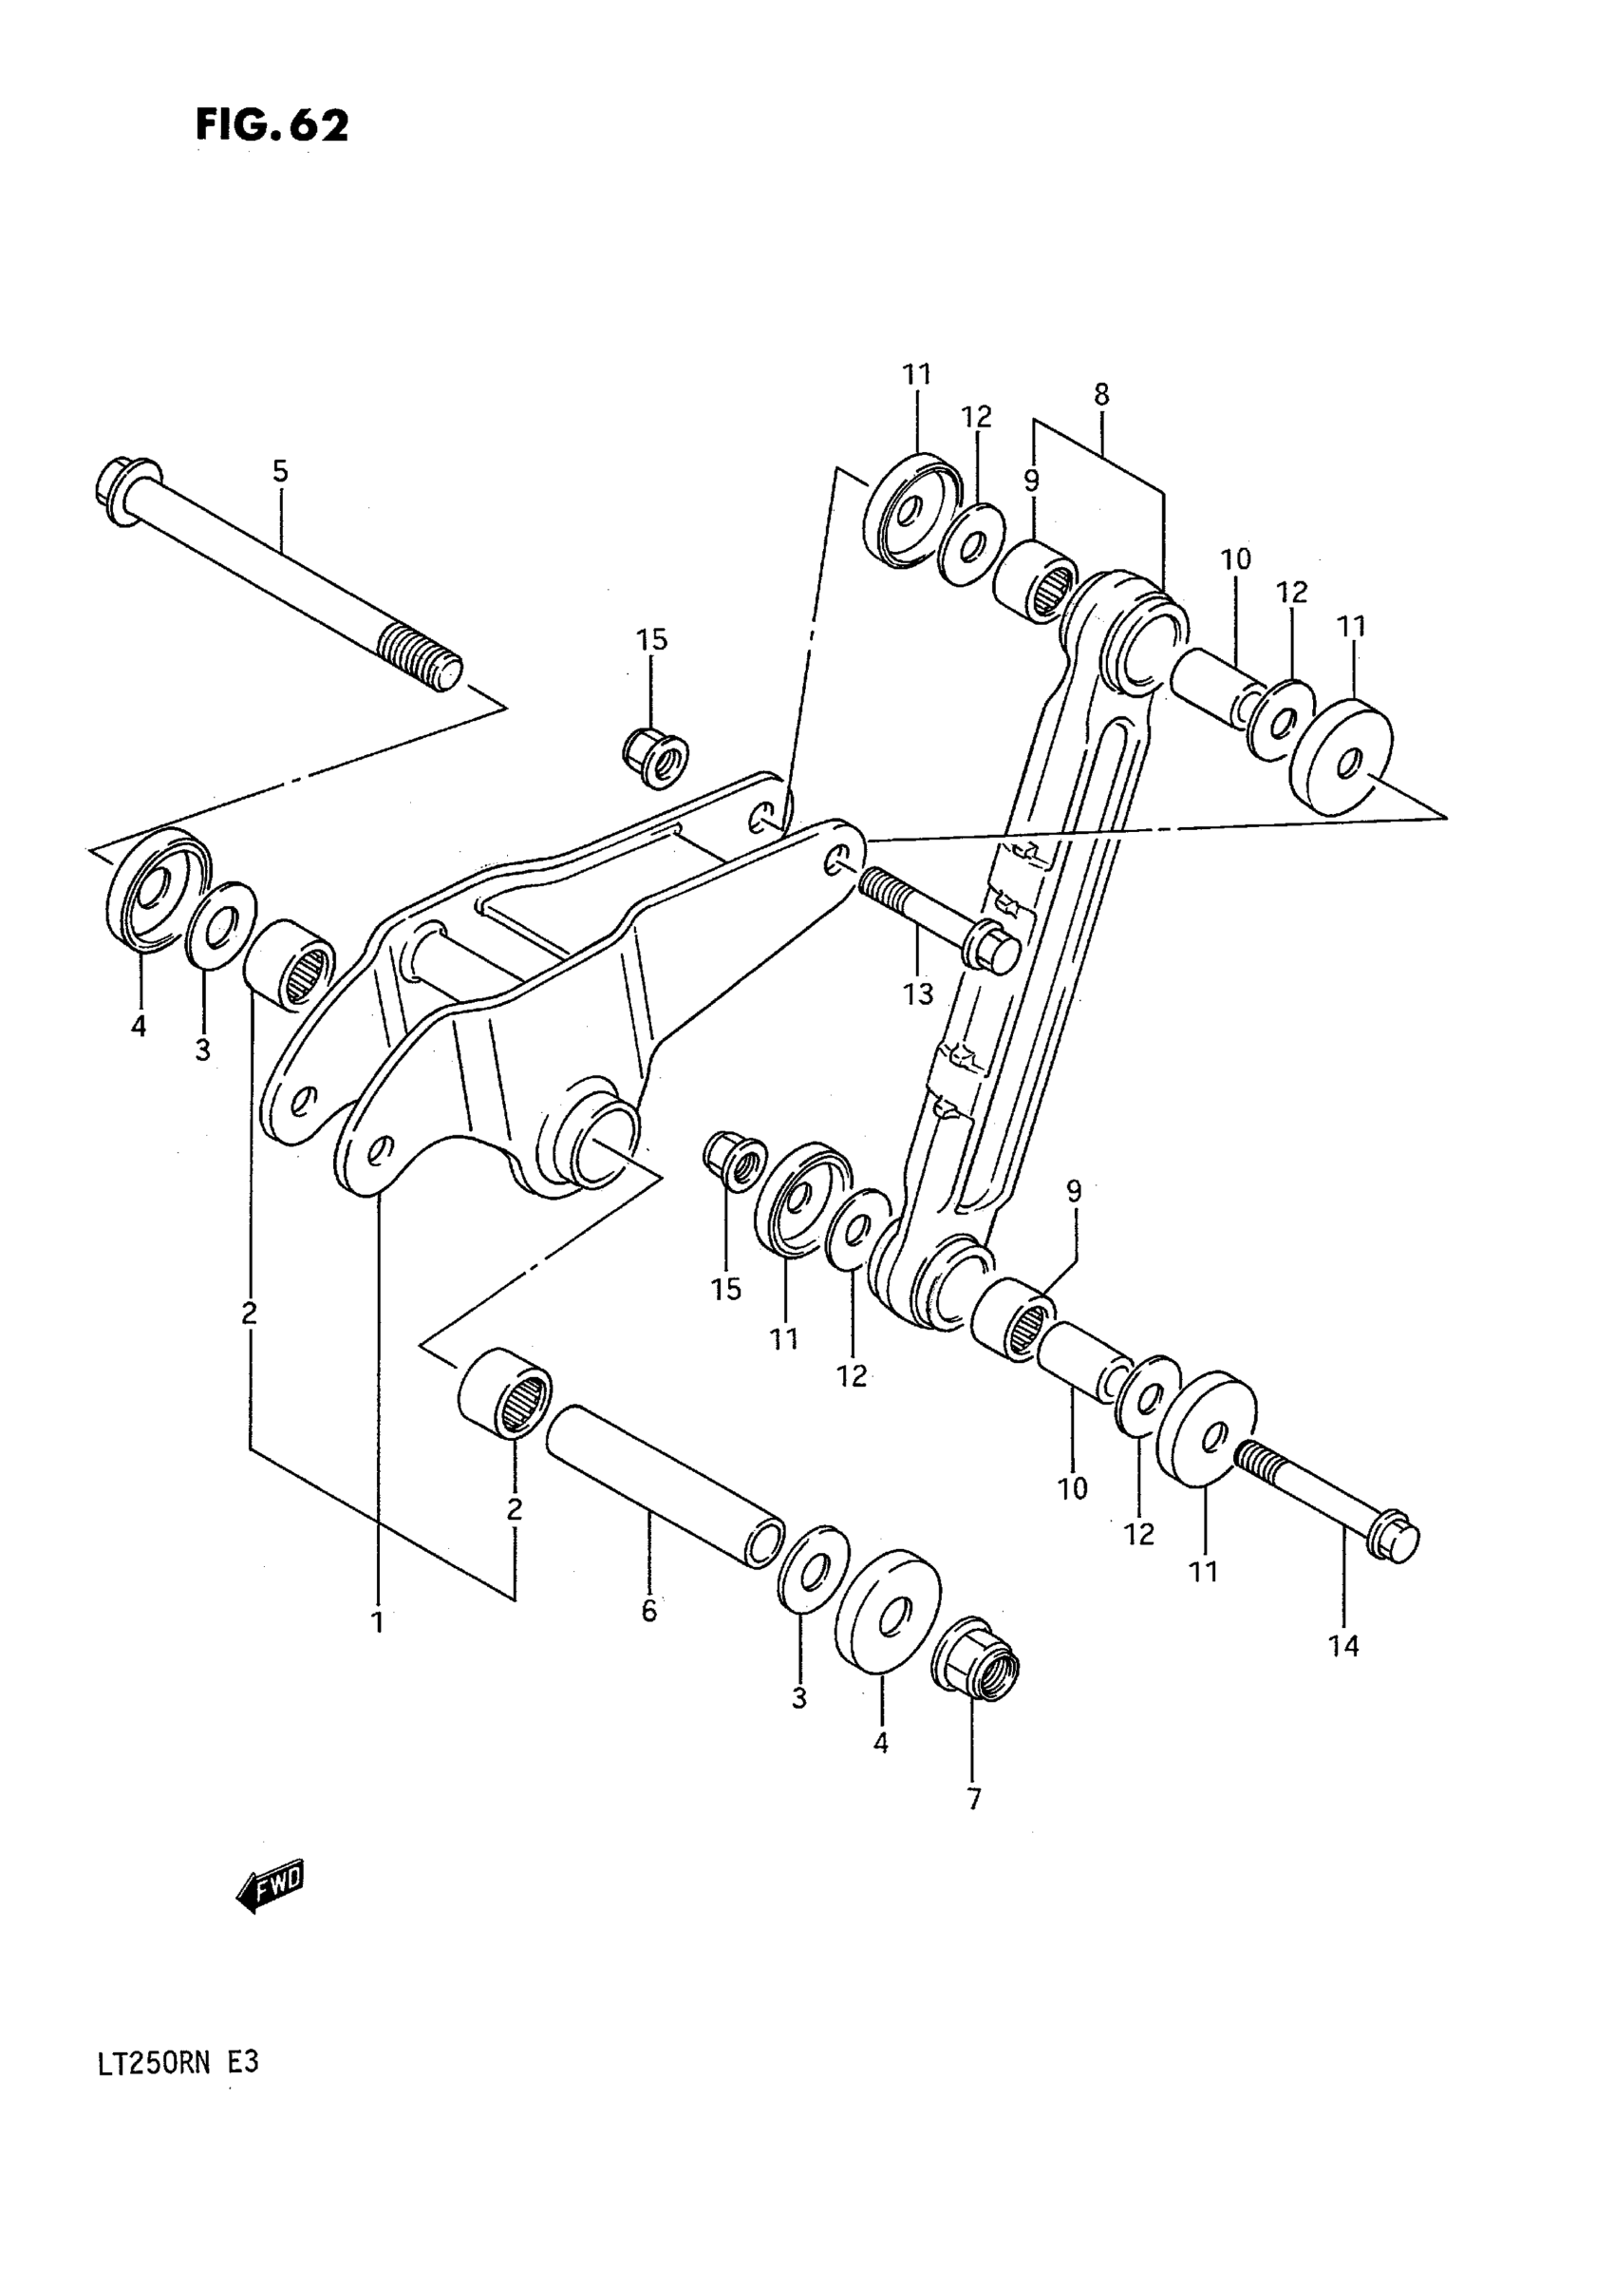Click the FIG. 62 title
point(271,126)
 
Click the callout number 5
point(280,471)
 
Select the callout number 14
point(1343,1646)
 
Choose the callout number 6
point(648,1612)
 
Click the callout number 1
point(377,1623)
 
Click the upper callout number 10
point(1235,560)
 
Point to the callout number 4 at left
point(138,1025)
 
